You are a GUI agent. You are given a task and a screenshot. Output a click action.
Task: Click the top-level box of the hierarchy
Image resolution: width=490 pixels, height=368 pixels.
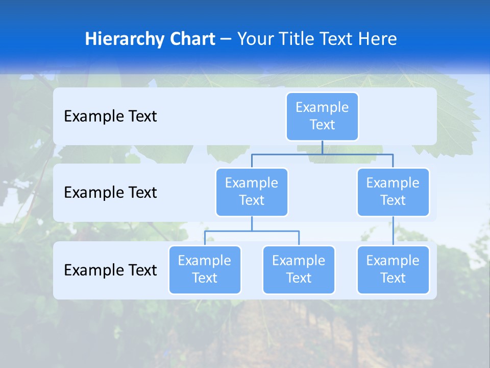point(322,116)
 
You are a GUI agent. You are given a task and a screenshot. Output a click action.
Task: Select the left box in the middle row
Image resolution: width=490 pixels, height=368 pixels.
point(252,192)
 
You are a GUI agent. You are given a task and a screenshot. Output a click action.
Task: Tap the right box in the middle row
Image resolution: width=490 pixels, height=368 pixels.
point(393,192)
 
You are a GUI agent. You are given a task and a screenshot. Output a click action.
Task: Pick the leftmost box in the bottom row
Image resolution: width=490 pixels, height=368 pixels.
point(205,269)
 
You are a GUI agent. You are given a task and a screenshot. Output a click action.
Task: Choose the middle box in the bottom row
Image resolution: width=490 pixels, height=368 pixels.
point(299,269)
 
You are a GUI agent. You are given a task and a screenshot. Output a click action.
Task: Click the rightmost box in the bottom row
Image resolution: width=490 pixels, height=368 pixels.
point(393,269)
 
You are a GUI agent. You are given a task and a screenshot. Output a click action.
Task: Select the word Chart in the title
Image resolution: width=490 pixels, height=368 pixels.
point(191,39)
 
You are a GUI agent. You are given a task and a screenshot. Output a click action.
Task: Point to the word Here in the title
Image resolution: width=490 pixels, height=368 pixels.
point(377,39)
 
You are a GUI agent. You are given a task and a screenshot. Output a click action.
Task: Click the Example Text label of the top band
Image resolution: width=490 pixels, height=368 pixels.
point(110,116)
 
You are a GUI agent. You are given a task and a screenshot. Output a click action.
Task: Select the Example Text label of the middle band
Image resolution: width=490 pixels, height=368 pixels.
point(110,192)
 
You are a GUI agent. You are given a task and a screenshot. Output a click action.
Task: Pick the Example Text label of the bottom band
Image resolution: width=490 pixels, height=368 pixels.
point(110,270)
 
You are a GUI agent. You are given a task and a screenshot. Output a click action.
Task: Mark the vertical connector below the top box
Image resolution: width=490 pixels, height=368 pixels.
point(322,147)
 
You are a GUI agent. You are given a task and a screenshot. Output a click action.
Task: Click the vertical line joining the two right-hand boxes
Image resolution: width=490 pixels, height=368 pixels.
point(393,231)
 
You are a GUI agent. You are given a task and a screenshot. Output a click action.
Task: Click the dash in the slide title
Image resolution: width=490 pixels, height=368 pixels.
point(226,39)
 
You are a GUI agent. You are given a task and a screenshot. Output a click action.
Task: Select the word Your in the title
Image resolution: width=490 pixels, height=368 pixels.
point(254,39)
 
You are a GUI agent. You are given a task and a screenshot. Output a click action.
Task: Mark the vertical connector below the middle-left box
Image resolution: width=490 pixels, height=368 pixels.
point(252,223)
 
